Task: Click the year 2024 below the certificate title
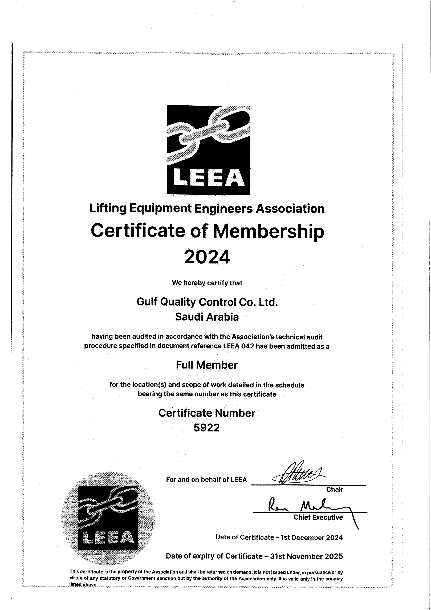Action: pos(207,257)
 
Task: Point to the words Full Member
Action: pos(207,365)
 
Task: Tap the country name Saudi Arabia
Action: pos(207,317)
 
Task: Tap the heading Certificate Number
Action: pos(207,413)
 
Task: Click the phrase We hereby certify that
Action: pos(207,283)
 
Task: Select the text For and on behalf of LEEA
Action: pos(206,480)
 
